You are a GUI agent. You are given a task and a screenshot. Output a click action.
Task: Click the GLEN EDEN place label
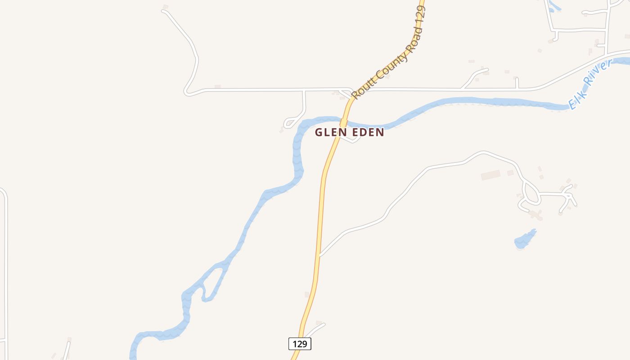click(349, 132)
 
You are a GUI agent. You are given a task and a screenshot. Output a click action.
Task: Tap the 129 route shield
click(300, 344)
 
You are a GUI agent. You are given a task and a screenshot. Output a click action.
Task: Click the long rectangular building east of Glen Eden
click(490, 175)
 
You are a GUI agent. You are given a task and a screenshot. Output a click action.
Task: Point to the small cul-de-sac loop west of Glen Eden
click(289, 123)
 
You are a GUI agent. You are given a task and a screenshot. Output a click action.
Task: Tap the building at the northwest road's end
click(166, 7)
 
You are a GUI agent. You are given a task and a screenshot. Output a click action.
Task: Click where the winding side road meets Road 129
click(319, 256)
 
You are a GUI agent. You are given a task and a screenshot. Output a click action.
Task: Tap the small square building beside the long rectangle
click(510, 173)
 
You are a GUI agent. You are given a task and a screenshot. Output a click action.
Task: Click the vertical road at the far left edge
click(5, 270)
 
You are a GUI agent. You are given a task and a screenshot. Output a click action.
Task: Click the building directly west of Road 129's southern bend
click(307, 295)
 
